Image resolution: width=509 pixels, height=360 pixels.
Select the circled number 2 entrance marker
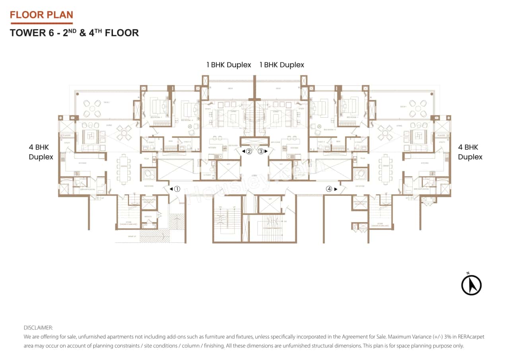point(249,151)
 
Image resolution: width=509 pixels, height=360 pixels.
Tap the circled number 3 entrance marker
point(261,151)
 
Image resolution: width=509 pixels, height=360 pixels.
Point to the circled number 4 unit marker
point(329,189)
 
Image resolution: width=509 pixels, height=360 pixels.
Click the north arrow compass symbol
point(471,284)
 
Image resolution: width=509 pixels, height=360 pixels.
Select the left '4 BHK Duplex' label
point(41,152)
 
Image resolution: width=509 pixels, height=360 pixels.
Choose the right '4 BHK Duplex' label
point(470,152)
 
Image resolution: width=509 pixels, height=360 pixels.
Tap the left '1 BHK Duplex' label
point(229,65)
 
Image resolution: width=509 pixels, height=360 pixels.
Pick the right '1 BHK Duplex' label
point(282,65)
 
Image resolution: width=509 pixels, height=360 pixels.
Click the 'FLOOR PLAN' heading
point(41,15)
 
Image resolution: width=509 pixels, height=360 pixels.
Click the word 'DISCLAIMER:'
point(38,328)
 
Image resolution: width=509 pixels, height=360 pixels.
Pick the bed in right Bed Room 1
point(350,107)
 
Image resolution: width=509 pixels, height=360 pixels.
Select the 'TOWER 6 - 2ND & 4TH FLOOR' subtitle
point(74,33)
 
